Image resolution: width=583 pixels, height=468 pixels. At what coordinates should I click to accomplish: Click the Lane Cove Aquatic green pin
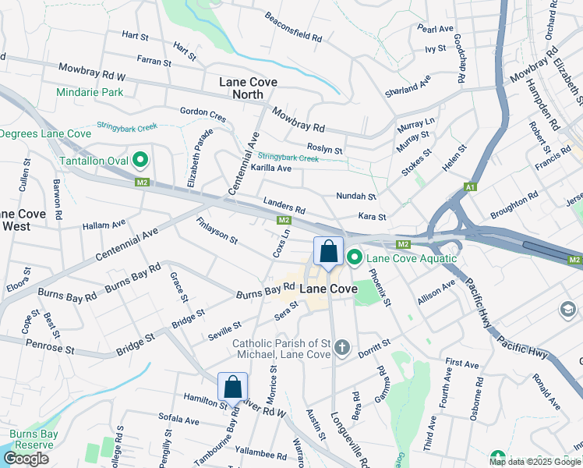click(355, 257)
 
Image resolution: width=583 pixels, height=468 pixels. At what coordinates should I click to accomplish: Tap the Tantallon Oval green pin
click(141, 161)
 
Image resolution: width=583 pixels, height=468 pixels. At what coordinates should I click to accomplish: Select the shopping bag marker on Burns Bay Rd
click(328, 252)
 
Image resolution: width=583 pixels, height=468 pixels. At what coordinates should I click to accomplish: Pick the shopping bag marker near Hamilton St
click(232, 386)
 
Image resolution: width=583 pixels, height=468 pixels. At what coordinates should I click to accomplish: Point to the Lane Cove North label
click(248, 87)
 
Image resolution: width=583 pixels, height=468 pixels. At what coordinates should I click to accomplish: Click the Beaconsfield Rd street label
click(293, 27)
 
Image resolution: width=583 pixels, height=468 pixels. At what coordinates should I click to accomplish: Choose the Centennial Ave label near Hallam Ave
click(126, 244)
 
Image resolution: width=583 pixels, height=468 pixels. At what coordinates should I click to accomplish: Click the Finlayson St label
click(217, 230)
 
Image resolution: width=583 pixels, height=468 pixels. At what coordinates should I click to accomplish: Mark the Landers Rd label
click(284, 205)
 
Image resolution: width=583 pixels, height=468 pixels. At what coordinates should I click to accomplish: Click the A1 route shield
click(469, 187)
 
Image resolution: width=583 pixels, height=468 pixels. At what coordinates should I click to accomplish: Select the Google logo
click(26, 459)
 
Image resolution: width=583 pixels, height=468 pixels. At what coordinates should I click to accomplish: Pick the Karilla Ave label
click(270, 168)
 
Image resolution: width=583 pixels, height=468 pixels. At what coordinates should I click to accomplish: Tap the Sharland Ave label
click(408, 86)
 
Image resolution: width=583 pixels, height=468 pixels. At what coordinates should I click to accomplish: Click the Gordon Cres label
click(203, 115)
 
